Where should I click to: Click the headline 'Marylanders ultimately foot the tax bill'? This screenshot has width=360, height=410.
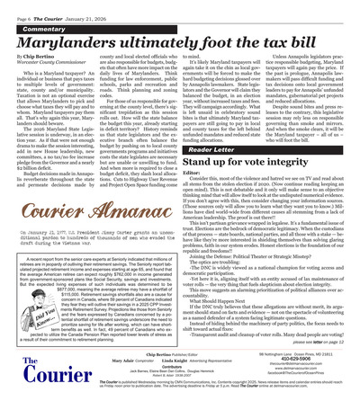click(x=179, y=37)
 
